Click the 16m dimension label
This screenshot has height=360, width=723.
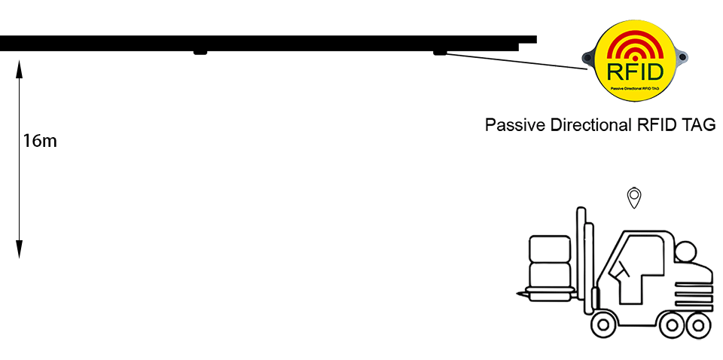click(x=40, y=140)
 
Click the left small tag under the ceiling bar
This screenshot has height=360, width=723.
click(x=200, y=52)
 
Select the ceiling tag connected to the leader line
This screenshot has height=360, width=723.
click(x=439, y=52)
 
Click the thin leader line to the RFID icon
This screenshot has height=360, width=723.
click(x=512, y=60)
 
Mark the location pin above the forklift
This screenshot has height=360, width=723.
click(x=634, y=197)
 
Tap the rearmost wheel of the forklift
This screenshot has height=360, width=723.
click(x=696, y=325)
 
